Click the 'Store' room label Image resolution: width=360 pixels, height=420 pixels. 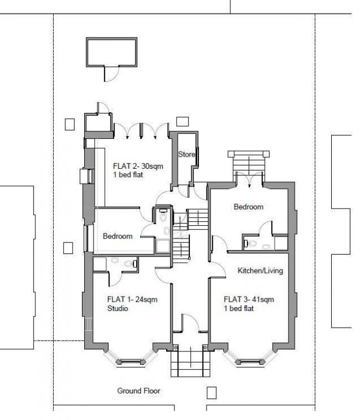click(187, 154)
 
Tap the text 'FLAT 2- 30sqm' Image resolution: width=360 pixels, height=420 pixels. click(138, 166)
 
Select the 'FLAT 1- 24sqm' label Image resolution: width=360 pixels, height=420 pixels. click(132, 299)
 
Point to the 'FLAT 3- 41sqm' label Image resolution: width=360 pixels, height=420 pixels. click(249, 299)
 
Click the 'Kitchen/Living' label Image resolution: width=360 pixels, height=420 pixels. click(260, 271)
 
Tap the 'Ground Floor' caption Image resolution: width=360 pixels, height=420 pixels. click(138, 391)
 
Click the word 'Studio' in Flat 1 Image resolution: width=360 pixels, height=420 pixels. click(117, 308)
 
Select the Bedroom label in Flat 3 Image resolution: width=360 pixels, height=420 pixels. click(249, 207)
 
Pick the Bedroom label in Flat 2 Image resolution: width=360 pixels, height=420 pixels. click(117, 236)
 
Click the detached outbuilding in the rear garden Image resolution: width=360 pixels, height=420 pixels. click(111, 52)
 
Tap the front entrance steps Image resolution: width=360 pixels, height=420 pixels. click(191, 364)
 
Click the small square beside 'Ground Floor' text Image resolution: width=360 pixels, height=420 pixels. click(212, 393)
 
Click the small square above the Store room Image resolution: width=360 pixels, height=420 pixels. click(183, 122)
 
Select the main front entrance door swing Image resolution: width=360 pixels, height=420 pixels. click(191, 323)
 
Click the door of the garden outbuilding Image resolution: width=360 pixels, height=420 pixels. click(111, 74)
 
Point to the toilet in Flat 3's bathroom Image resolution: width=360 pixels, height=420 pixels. click(251, 243)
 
